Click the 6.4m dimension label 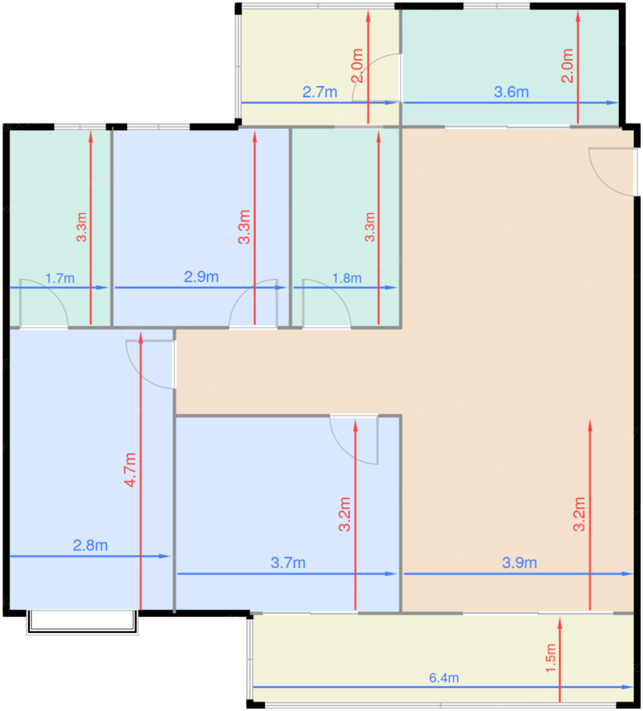pos(444,677)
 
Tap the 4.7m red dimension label pos(130,470)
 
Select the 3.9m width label pos(519,563)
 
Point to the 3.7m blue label pos(288,563)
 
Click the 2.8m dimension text pos(90,545)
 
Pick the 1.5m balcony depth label pos(551,658)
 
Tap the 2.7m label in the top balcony pos(320,92)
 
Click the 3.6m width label pos(511,92)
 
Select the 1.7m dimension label pos(60,278)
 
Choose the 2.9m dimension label pos(201,277)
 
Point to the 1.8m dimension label pos(347,278)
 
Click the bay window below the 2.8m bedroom pos(82,623)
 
